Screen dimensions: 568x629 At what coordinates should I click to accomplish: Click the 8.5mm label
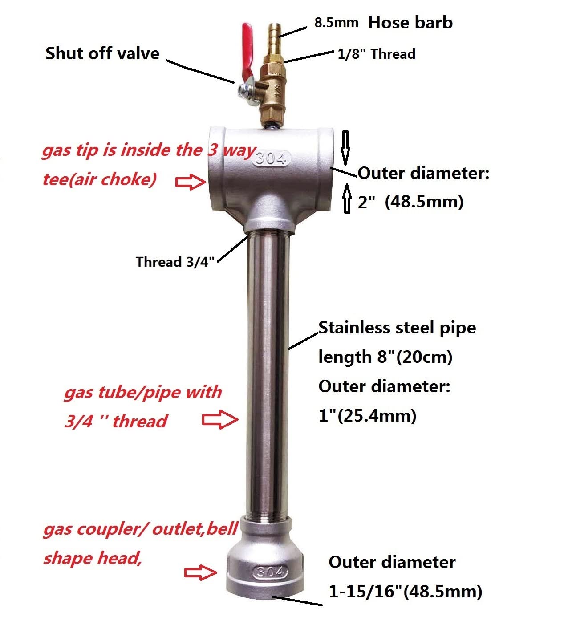(336, 23)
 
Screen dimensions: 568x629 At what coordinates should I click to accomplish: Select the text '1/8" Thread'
(376, 54)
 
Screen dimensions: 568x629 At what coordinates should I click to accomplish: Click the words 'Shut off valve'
(102, 53)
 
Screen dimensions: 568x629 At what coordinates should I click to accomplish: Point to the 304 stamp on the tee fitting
(271, 158)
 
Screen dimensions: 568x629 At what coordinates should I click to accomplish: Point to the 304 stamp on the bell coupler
(270, 572)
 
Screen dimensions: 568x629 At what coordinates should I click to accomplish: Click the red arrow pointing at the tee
(191, 182)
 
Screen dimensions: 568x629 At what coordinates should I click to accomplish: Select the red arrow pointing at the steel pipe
(220, 419)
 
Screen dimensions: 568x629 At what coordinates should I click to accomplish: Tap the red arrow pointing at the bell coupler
(200, 572)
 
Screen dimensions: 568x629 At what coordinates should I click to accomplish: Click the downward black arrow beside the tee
(345, 148)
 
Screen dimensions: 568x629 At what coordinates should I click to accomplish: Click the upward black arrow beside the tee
(347, 199)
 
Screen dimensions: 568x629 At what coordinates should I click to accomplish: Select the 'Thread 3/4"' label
(175, 261)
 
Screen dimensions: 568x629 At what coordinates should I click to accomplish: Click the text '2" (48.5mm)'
(410, 202)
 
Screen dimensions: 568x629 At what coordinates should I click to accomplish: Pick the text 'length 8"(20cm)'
(385, 357)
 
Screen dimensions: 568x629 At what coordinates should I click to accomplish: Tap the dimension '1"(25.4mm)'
(368, 416)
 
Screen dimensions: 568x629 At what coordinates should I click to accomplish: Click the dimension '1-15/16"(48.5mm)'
(405, 591)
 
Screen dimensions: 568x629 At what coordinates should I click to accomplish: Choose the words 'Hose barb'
(410, 23)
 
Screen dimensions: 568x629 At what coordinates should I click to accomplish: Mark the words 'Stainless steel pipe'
(397, 328)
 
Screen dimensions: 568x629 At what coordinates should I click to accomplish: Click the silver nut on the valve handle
(242, 91)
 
